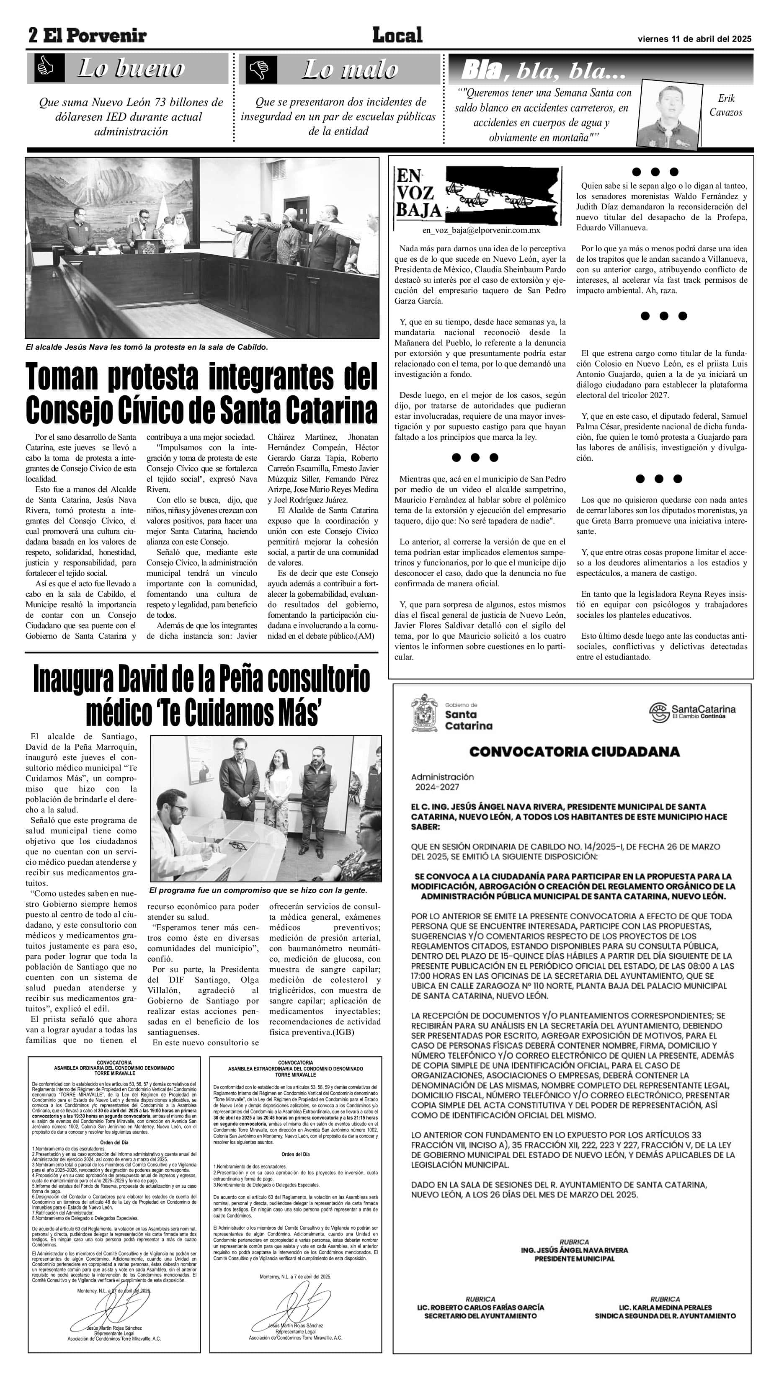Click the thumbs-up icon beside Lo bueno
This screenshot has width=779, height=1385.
click(x=46, y=68)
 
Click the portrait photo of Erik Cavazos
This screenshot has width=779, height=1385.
click(x=669, y=113)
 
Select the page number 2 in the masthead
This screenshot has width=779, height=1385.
click(x=33, y=36)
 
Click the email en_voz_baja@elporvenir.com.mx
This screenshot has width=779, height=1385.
click(x=481, y=230)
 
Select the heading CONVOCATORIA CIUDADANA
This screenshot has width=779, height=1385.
click(x=574, y=752)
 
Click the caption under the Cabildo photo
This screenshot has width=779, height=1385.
click(x=147, y=347)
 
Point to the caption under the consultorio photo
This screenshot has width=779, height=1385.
click(x=258, y=890)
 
